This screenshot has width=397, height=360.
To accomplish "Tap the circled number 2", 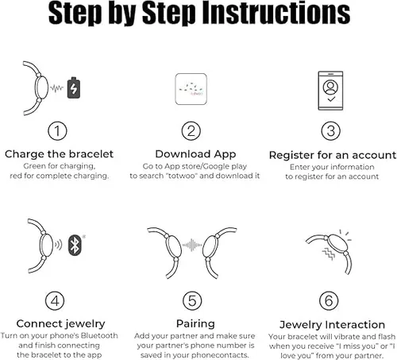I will coord(191,130).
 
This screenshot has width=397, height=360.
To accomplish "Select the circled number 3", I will coord(332,130).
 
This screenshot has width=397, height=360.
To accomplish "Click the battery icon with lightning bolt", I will coord(74,87).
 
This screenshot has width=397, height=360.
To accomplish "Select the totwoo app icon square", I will coord(191,89).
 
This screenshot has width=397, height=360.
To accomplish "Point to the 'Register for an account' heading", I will coord(332,154).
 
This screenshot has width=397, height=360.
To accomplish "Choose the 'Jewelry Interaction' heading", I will coord(333,324).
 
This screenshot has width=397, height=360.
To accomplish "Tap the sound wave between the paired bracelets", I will coord(194,246).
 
